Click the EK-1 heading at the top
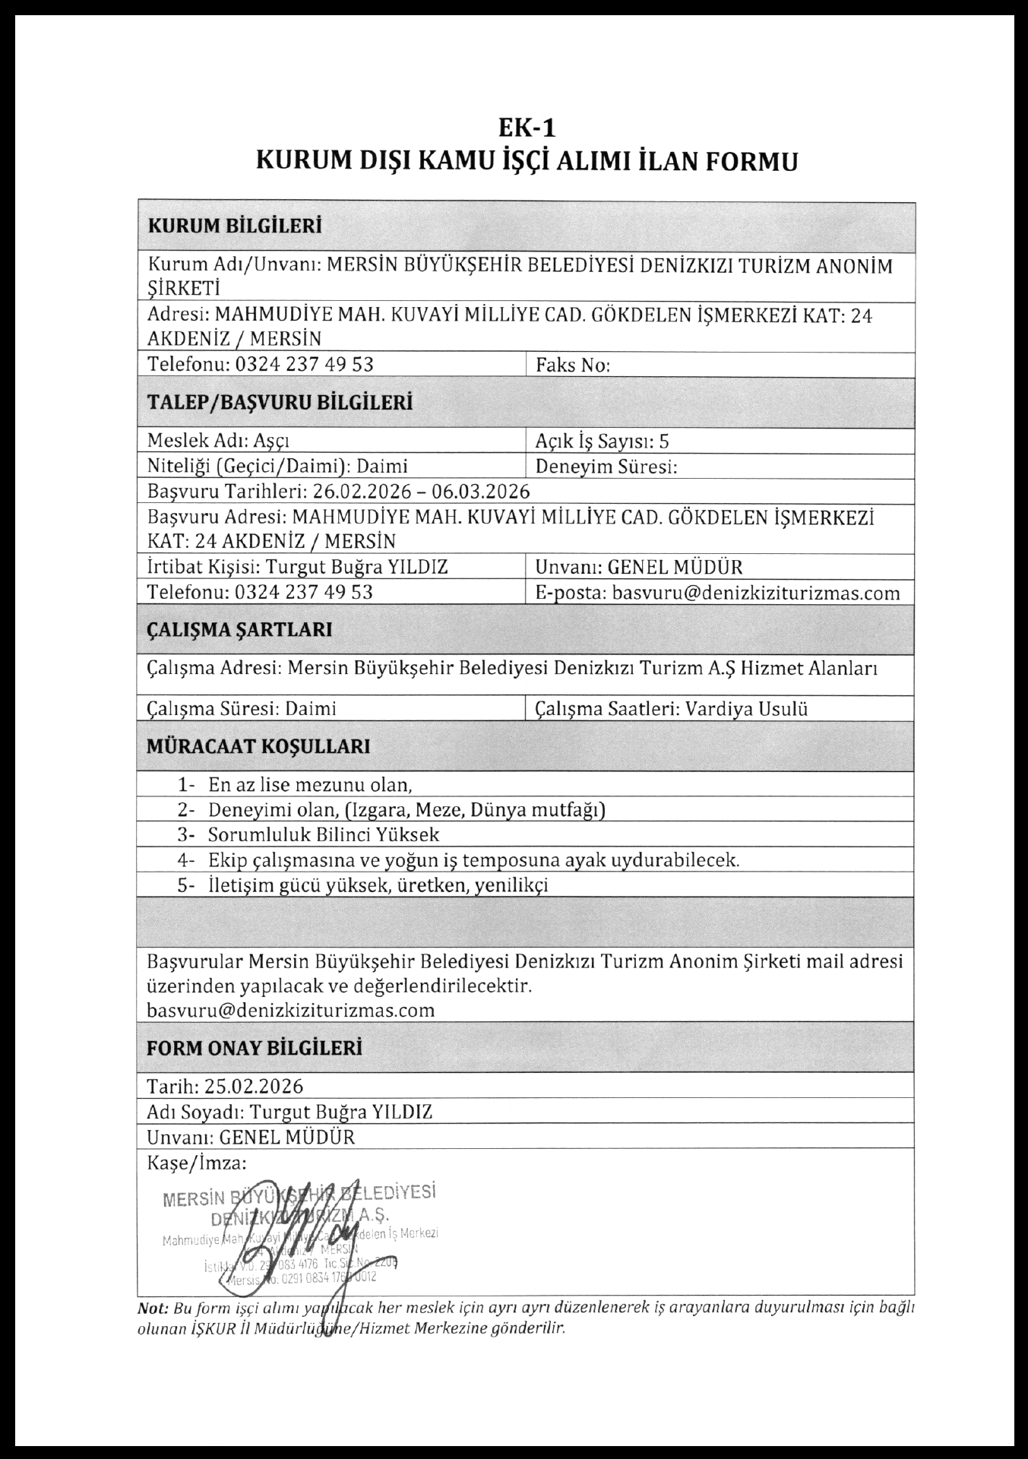pyautogui.click(x=527, y=126)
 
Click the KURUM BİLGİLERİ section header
pyautogui.click(x=234, y=226)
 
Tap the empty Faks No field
pyautogui.click(x=760, y=365)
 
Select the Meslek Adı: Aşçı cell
pyautogui.click(x=219, y=441)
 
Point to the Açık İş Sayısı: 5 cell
pyautogui.click(x=602, y=441)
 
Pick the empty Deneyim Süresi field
pyautogui.click(x=790, y=467)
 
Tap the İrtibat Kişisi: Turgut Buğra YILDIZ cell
pyautogui.click(x=298, y=567)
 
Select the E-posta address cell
pyautogui.click(x=717, y=593)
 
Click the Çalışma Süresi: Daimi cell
pyautogui.click(x=242, y=709)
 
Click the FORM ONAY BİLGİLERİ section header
pyautogui.click(x=254, y=1047)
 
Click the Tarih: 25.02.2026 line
pyautogui.click(x=225, y=1085)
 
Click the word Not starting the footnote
pyautogui.click(x=152, y=1308)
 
